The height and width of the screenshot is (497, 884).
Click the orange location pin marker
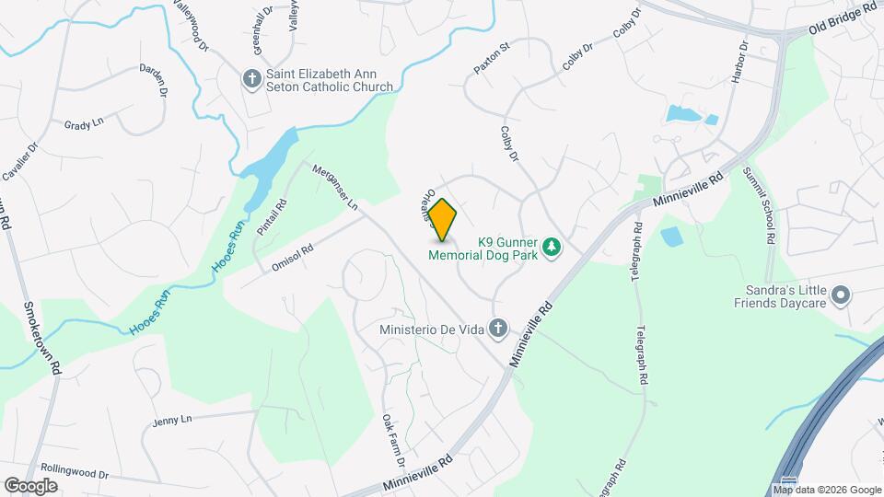coord(443,220)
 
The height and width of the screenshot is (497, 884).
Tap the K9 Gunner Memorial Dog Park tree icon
coord(552,246)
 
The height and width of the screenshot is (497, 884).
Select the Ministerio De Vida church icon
coord(498,329)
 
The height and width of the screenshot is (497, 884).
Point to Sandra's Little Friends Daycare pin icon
coord(840,295)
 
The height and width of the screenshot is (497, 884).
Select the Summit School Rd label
coord(761,207)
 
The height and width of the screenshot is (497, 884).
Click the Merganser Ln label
coord(335,187)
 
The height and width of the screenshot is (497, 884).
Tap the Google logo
coord(30,485)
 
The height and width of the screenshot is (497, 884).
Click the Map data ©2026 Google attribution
coord(829,490)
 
